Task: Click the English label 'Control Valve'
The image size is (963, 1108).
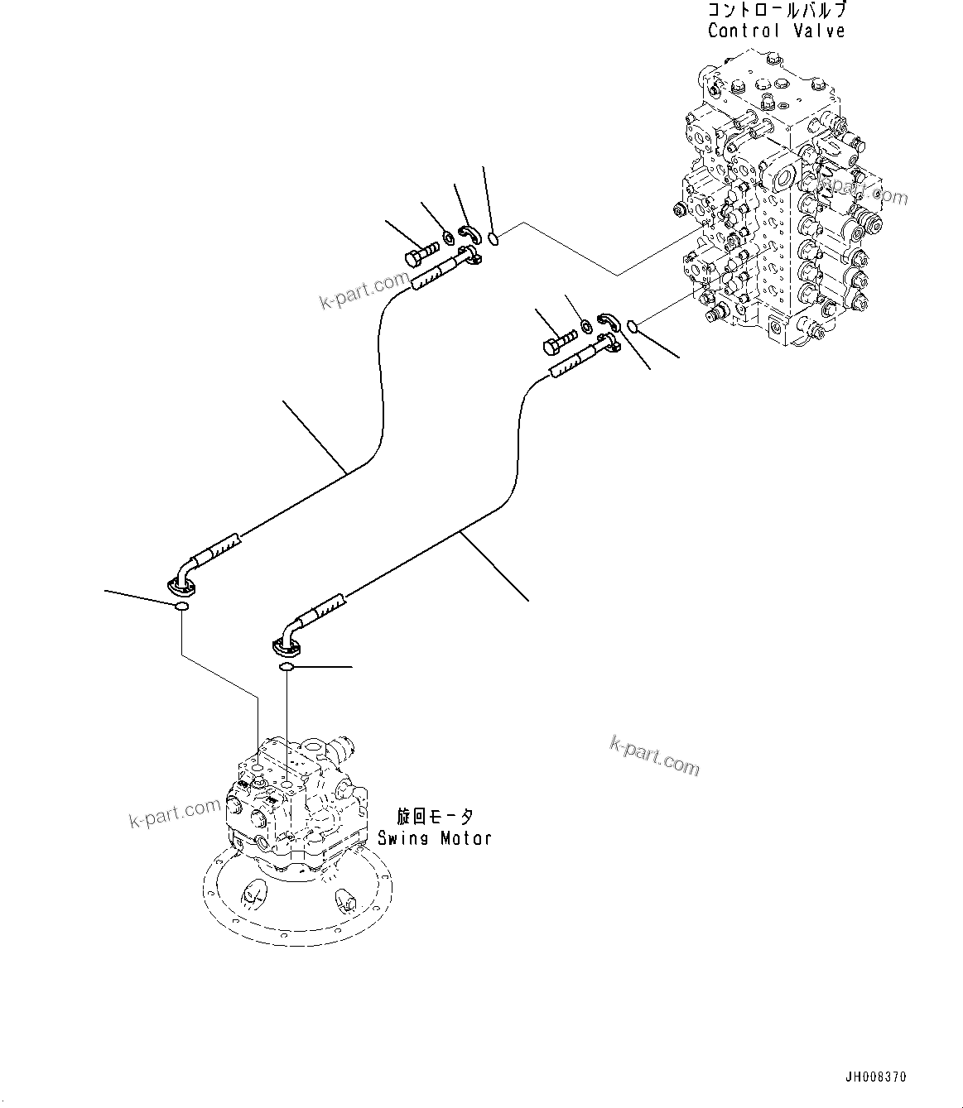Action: click(x=776, y=31)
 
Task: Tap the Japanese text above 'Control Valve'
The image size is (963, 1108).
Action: click(x=776, y=11)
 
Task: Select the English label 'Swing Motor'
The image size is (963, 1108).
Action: click(x=435, y=837)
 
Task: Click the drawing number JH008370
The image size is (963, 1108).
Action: click(x=876, y=1077)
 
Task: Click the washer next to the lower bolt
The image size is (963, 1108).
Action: click(x=585, y=324)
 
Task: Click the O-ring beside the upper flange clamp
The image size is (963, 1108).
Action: click(x=494, y=239)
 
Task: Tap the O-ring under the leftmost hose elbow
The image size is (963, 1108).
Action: click(x=181, y=608)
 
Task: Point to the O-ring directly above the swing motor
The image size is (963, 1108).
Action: click(x=286, y=667)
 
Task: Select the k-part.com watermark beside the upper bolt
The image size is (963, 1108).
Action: click(x=365, y=290)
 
